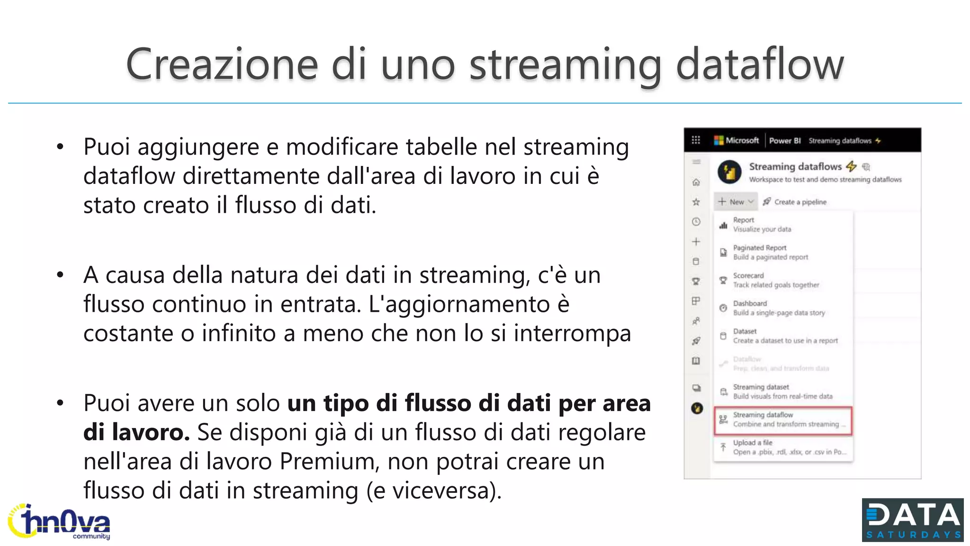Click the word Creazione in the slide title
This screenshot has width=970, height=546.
click(222, 64)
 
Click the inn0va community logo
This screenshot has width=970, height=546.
click(60, 522)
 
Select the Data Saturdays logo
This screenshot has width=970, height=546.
click(912, 520)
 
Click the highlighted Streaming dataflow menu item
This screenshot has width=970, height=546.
click(782, 420)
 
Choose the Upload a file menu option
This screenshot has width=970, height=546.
click(782, 447)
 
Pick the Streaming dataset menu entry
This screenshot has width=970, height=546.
click(782, 391)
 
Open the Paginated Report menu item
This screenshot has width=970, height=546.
click(770, 252)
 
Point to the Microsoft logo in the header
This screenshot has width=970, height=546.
click(736, 140)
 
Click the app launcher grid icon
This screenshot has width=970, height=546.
click(696, 140)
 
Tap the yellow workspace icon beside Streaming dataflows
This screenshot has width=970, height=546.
click(729, 172)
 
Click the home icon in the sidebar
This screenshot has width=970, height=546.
click(696, 182)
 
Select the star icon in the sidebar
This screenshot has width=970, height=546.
click(696, 202)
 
